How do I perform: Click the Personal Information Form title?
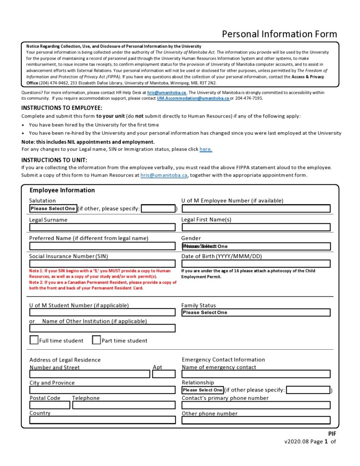[x=279, y=34]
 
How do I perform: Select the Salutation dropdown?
[x=53, y=208]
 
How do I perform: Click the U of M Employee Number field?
[x=256, y=208]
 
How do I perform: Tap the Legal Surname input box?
[x=102, y=227]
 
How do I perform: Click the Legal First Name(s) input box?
[x=256, y=227]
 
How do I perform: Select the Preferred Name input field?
[x=102, y=246]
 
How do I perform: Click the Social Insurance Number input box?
[x=102, y=264]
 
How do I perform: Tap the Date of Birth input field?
[x=256, y=264]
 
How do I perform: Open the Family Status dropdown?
[x=256, y=312]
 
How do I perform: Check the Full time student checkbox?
[x=34, y=340]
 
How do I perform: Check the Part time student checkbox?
[x=96, y=340]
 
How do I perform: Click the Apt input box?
[x=164, y=374]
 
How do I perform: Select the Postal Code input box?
[x=50, y=405]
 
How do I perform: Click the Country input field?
[x=102, y=420]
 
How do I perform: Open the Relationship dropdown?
[x=203, y=390]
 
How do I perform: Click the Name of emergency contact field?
[x=256, y=374]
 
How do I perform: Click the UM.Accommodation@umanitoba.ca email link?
[x=193, y=98]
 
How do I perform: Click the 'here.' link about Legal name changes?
[x=206, y=149]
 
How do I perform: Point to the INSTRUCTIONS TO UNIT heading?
[x=54, y=160]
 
